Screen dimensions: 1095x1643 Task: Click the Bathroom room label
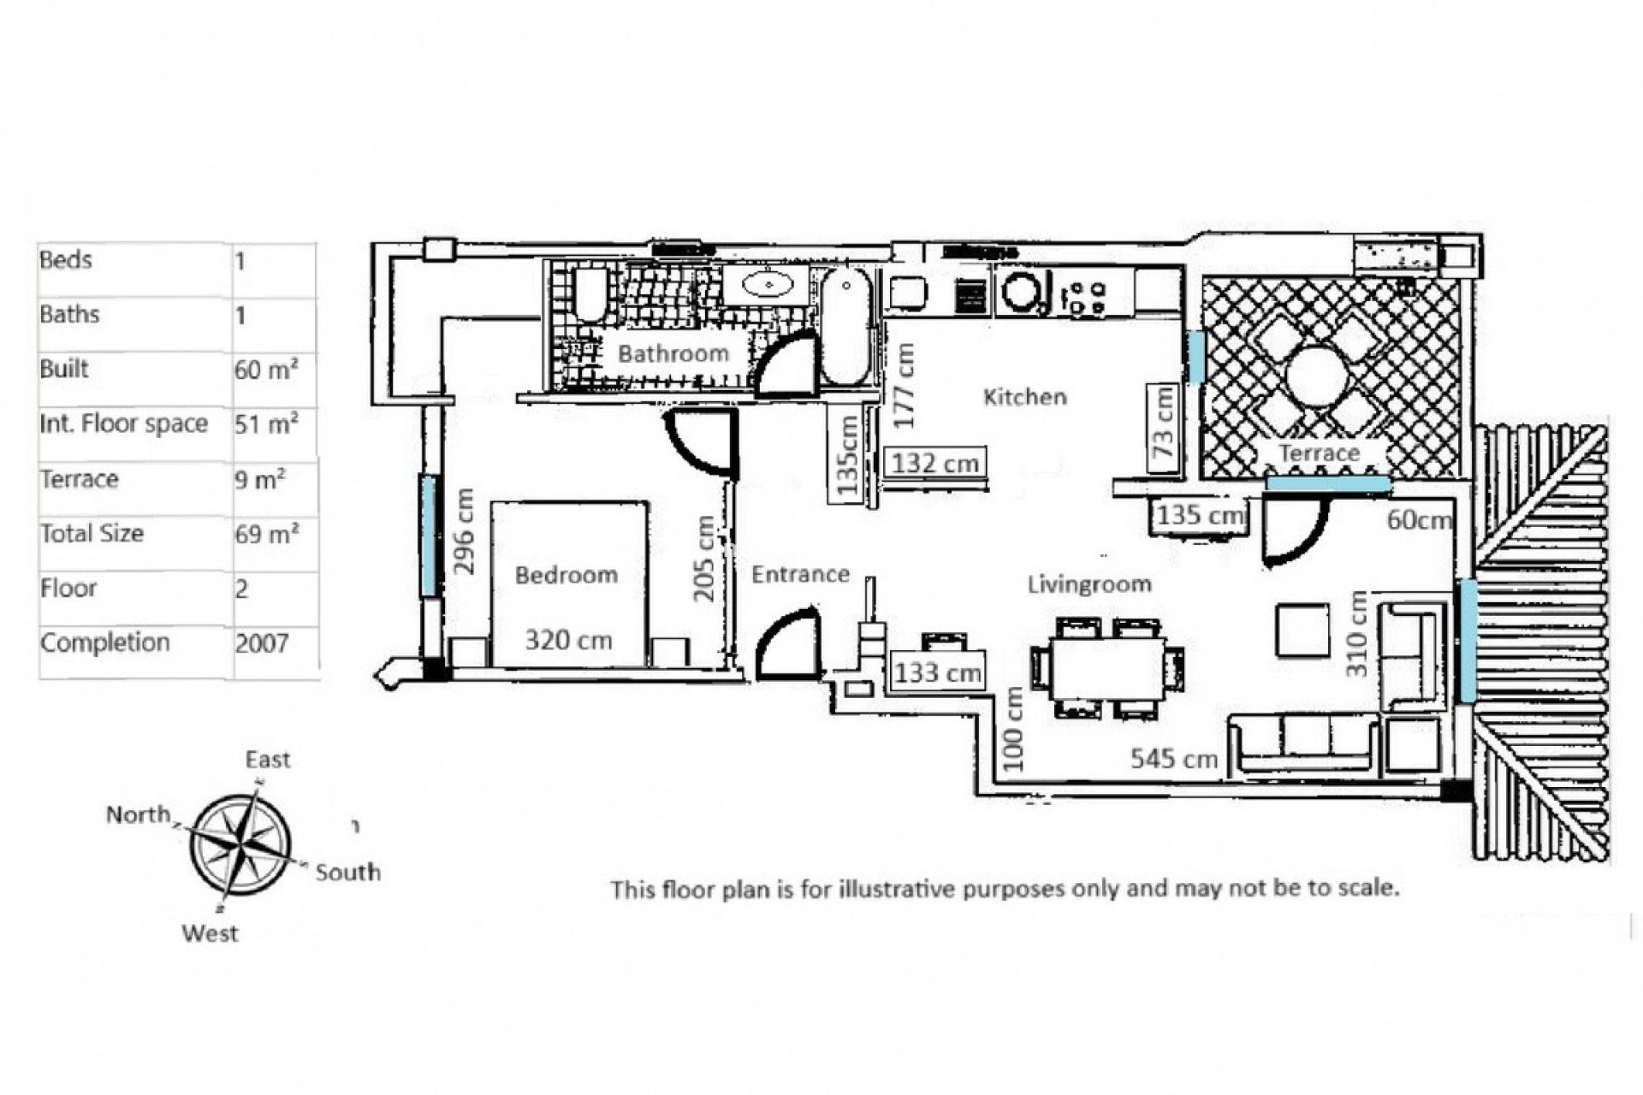click(673, 353)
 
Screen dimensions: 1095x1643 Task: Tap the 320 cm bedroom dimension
click(568, 640)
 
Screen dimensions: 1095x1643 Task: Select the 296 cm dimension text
click(463, 531)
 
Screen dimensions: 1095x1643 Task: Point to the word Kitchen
click(1024, 397)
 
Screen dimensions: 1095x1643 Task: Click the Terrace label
click(1319, 453)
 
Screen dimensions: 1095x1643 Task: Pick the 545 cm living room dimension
click(1173, 758)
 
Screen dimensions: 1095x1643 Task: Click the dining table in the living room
click(1107, 666)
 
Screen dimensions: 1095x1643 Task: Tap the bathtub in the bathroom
click(845, 327)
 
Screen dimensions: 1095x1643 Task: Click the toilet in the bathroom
click(590, 294)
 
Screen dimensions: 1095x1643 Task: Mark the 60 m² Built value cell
click(266, 370)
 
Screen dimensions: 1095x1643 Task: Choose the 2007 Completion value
click(262, 643)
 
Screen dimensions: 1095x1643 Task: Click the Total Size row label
click(92, 534)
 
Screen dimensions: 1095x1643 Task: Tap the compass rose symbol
click(240, 845)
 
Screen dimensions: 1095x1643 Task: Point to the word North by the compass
click(138, 814)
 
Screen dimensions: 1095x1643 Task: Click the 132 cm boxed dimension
click(934, 463)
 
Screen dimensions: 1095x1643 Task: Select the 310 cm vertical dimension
click(1357, 634)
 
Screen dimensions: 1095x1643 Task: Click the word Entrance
click(800, 574)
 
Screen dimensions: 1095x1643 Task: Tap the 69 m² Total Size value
click(266, 534)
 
